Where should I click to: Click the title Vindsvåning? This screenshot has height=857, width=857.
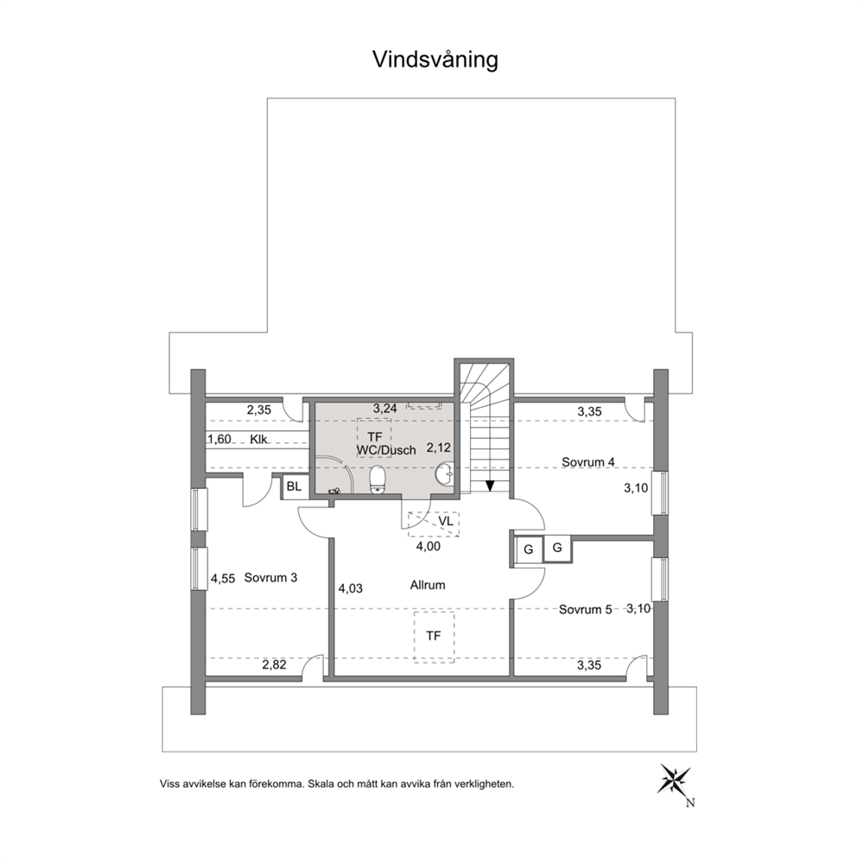pos(435,60)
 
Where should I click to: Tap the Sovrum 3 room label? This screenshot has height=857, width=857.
pos(270,578)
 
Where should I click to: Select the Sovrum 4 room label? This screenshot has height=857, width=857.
pos(588,462)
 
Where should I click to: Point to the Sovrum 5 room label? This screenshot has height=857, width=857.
pos(586,609)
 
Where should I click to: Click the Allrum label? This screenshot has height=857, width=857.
pos(428,586)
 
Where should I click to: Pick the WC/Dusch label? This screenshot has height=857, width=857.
pos(386,450)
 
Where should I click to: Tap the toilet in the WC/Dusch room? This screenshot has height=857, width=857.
pos(378,479)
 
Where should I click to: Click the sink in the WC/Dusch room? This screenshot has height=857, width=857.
pos(446,474)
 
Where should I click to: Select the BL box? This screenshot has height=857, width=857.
pos(294,487)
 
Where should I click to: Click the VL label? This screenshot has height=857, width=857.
pos(446,522)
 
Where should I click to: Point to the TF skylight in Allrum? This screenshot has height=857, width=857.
pos(434,637)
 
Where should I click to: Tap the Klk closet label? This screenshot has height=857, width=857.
pos(258,439)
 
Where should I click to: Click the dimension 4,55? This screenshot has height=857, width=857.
pos(223,578)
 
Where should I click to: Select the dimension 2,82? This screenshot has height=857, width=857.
pos(275,664)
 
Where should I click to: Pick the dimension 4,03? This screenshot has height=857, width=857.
pos(351,588)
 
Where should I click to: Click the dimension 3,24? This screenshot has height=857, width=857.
pos(384,409)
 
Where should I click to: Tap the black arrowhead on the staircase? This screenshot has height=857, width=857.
pos(490,486)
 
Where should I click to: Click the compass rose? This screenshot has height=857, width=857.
pos(676,778)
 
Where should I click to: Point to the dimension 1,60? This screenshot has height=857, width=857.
pos(219,439)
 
